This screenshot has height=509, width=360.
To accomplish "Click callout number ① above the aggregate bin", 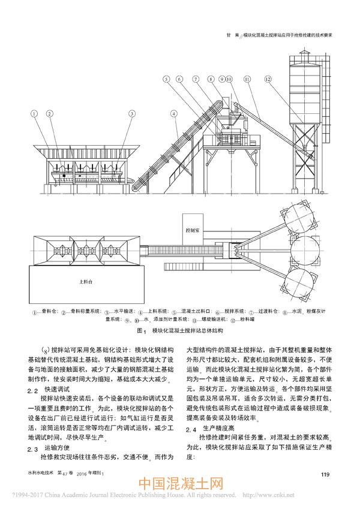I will tap(35, 113).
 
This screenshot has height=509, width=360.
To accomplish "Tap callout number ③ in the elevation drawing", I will tap(131, 113).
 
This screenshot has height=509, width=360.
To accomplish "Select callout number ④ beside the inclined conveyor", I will tap(173, 113).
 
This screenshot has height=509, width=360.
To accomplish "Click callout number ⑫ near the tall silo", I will tap(268, 79).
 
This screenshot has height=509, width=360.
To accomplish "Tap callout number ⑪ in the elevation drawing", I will tap(247, 79).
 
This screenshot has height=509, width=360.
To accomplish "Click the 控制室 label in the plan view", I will tap(193, 230).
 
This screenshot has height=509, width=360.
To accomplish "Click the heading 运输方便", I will tap(57, 447).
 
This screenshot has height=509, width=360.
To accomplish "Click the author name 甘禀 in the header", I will tap(229, 35).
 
